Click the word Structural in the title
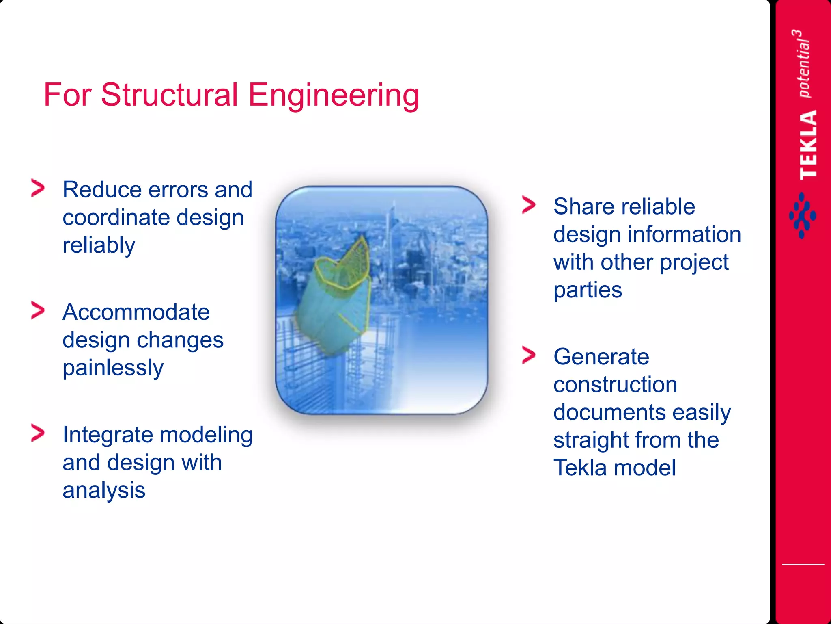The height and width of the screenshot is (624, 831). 169,95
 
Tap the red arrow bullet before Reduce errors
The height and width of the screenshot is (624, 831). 38,188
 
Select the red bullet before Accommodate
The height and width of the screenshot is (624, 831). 38,311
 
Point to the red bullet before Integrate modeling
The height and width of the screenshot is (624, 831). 38,433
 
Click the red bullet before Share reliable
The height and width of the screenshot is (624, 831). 529,205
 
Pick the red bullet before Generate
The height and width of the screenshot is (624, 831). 529,355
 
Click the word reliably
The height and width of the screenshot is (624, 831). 99,245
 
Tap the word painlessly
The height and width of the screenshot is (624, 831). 113,368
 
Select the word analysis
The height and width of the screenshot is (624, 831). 104,490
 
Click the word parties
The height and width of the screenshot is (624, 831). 587,290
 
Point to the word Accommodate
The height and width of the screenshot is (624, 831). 136,312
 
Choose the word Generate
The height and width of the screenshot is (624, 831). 601,357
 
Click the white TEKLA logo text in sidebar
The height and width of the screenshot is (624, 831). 807,145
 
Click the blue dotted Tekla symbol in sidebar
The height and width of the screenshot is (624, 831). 802,216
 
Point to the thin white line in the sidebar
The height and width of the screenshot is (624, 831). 803,564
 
